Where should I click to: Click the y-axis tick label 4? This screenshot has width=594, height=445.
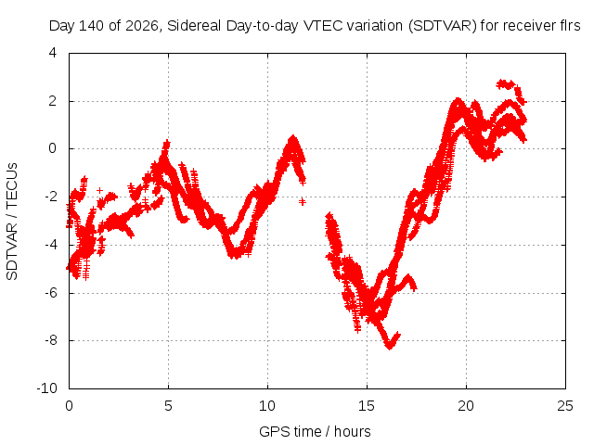pos(53,53)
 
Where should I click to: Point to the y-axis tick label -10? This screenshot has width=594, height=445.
pos(47,388)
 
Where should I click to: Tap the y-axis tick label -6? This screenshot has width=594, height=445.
pos(50,293)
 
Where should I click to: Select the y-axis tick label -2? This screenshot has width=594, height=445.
pos(50,197)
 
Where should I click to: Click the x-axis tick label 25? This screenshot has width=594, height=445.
pos(565,406)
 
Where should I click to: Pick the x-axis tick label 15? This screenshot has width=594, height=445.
pos(367,406)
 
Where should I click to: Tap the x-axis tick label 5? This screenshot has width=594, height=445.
pos(168,406)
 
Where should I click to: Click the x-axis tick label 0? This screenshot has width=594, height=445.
pos(69,406)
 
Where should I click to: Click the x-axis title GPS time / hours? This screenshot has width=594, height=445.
pos(315,431)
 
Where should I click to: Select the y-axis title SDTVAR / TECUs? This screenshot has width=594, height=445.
pos(12,222)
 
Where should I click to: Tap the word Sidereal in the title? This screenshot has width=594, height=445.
pos(194,26)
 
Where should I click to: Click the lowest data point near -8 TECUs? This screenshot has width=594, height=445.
pos(390,346)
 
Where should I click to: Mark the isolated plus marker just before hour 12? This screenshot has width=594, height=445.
pos(302,202)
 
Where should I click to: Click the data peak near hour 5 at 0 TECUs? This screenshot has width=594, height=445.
pos(167,144)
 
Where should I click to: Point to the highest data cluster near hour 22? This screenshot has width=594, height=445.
pos(506,84)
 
